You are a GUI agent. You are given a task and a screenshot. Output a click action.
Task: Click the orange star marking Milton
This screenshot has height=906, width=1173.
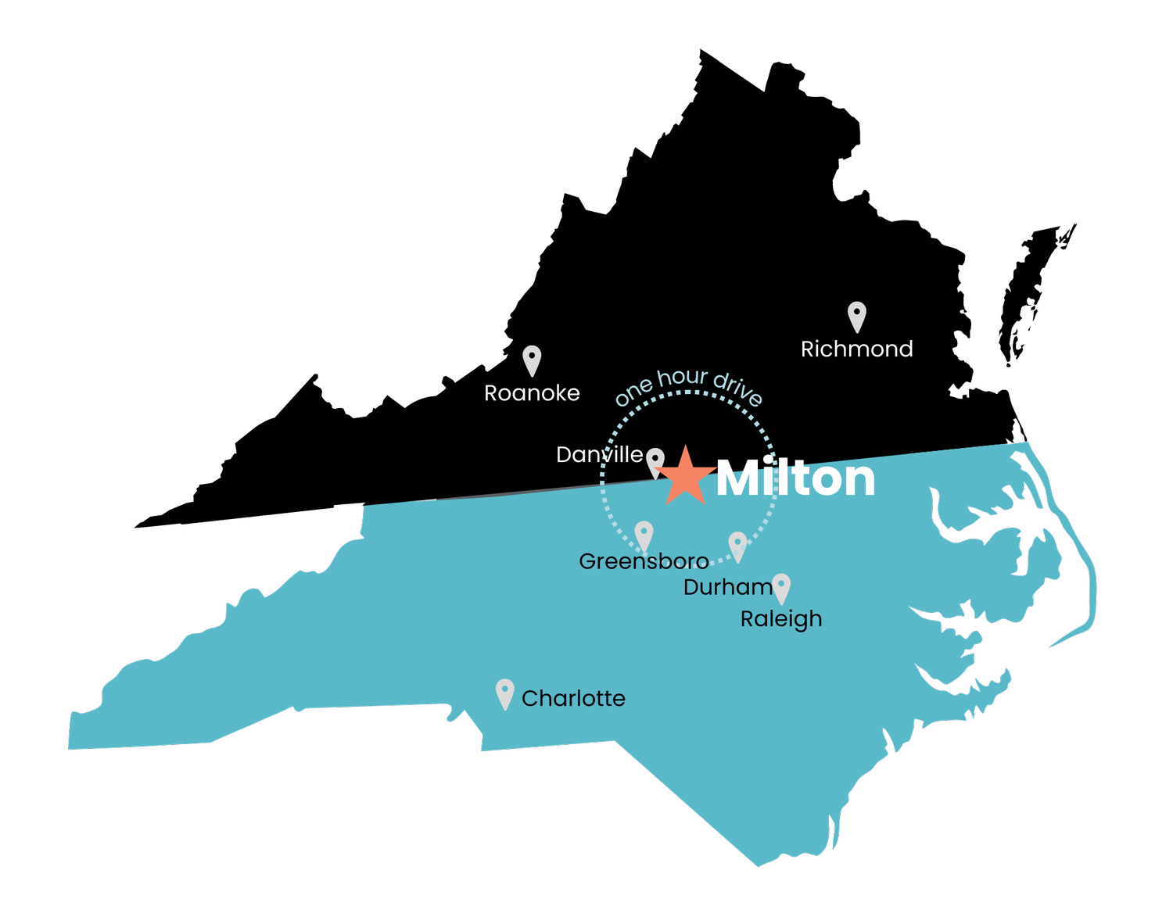[685, 477]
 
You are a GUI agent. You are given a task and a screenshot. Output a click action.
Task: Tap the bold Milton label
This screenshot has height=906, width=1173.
[795, 478]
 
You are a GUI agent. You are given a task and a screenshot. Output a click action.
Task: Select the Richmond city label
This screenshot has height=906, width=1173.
[856, 349]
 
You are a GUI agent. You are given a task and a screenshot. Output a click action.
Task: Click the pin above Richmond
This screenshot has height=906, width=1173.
[857, 315]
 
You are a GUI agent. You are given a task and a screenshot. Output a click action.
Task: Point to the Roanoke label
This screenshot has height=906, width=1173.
[532, 392]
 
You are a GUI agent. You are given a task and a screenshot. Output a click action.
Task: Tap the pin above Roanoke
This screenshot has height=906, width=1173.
[532, 359]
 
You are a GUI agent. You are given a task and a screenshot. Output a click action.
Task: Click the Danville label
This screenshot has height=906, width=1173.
[599, 454]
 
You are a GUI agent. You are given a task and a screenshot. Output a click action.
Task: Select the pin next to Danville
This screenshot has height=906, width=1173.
[655, 460]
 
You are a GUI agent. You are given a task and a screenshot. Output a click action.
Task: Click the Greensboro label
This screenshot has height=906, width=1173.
[644, 561]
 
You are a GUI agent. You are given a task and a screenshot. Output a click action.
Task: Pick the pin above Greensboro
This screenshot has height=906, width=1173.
[644, 535]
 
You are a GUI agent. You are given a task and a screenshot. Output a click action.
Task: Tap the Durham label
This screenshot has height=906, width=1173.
[727, 587]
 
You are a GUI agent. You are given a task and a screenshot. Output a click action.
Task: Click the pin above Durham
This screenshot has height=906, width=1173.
[737, 545]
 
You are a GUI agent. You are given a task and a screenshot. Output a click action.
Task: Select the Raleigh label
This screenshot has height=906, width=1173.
[781, 619]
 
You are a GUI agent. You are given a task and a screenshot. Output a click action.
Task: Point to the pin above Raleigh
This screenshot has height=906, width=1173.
[781, 587]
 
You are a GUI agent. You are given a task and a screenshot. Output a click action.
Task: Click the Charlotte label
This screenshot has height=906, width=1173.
[573, 698]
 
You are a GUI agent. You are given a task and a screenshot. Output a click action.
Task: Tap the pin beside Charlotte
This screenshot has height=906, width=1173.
[505, 693]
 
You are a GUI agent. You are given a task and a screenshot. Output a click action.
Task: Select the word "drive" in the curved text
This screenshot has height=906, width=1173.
[737, 389]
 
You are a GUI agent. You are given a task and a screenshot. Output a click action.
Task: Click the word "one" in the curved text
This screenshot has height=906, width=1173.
[633, 391]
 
